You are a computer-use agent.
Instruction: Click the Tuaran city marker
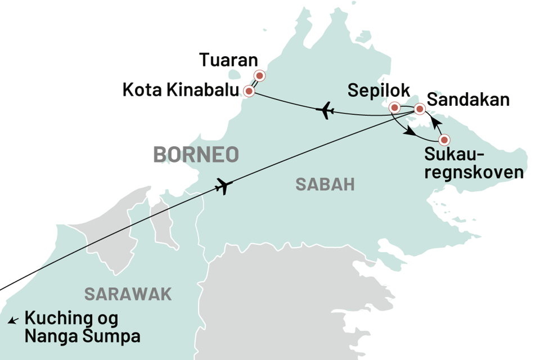pos(259,75)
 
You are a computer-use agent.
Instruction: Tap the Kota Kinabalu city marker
pos(248,91)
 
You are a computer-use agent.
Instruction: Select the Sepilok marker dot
pos(394,106)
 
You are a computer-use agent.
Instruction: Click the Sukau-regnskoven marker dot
pos(444,139)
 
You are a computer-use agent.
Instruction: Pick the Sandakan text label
pos(469,100)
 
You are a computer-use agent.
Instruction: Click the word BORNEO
pos(196,155)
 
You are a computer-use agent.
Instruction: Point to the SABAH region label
pos(325,184)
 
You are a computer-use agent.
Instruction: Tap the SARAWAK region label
pos(128,294)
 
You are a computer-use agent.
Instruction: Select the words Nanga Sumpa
pos(82,336)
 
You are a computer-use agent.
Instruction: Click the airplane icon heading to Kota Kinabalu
pos(325,112)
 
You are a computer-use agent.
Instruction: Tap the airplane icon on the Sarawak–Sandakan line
pos(223,186)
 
